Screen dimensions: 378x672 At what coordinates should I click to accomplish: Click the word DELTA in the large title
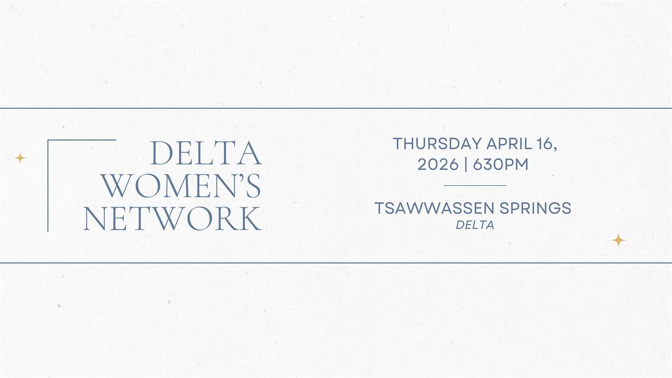point(207,154)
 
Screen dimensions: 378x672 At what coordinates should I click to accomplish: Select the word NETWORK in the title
point(172,218)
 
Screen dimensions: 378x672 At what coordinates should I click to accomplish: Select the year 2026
point(437,165)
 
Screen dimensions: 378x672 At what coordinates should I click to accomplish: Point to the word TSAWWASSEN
point(430,208)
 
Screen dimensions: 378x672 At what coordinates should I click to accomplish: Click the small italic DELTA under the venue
point(474,225)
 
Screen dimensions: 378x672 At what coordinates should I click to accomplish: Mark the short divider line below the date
point(474,185)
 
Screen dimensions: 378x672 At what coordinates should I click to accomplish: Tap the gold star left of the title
point(20,158)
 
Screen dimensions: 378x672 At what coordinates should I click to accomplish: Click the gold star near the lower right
point(618,240)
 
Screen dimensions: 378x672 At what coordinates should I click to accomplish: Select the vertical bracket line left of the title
point(48,185)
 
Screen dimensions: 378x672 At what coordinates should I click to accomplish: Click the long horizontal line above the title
point(336,108)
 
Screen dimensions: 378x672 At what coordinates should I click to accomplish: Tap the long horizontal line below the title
point(336,262)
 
